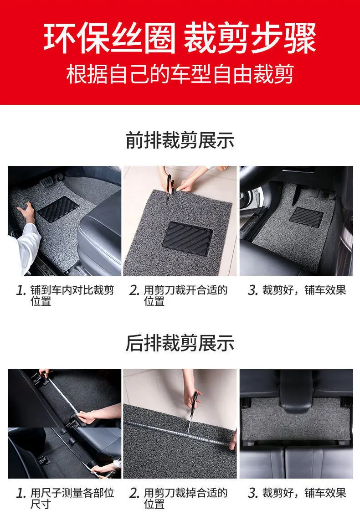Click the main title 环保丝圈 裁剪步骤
point(180,37)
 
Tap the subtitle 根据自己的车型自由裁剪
point(180,74)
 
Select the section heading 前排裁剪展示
point(180,140)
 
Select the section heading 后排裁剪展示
point(180,343)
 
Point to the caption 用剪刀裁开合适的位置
point(185,295)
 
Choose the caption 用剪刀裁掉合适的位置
point(185,498)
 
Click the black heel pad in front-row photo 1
point(58,209)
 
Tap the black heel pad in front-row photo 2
point(187,238)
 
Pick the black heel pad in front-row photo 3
point(306,217)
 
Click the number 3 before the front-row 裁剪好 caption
point(252,290)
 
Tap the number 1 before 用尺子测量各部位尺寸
point(21,493)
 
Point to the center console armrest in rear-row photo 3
point(296,392)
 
